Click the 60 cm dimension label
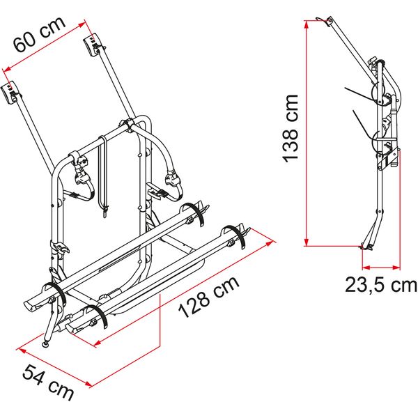point(40,34)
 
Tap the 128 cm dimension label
point(209,297)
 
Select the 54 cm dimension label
point(48,382)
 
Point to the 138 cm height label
point(291,128)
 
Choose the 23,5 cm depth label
point(381,284)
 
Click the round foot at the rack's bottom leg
point(46,344)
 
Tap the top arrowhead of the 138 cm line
point(307,24)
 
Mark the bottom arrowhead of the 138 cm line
point(307,242)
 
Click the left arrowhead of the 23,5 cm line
point(366,268)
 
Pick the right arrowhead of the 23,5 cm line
point(396,268)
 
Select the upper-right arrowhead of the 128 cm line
point(270,242)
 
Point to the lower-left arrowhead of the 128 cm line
point(98,342)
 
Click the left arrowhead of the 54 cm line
point(22,350)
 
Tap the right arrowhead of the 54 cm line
point(88,384)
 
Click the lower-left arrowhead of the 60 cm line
point(8,69)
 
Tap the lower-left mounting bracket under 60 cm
point(10,94)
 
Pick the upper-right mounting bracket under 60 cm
point(93,45)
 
